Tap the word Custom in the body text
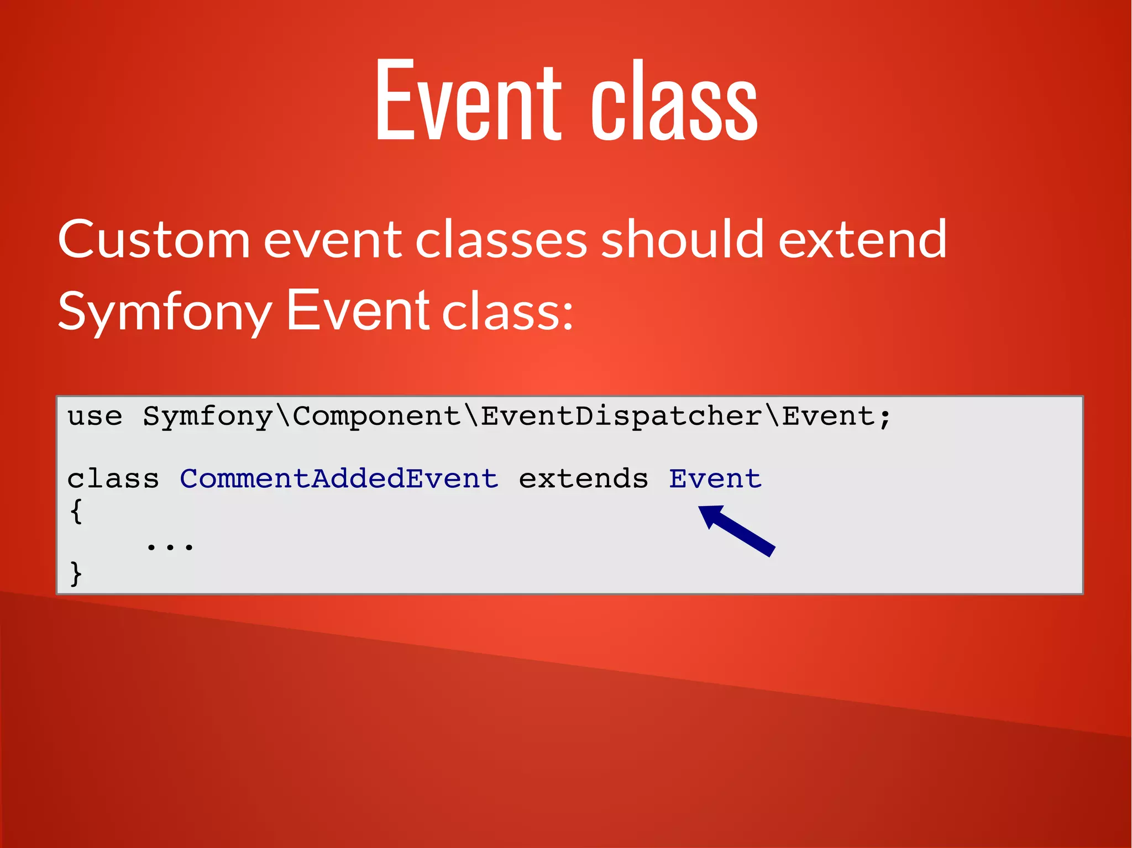pos(154,240)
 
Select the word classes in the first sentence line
pos(500,240)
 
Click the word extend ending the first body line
pos(862,240)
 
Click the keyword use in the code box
pos(95,417)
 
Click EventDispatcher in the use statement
pos(621,417)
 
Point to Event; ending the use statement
pos(837,417)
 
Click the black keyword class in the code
pos(113,479)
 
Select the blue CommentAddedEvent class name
pos(339,479)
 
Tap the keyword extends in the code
pos(583,479)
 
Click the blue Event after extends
pos(715,479)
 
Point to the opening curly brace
pos(76,511)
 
